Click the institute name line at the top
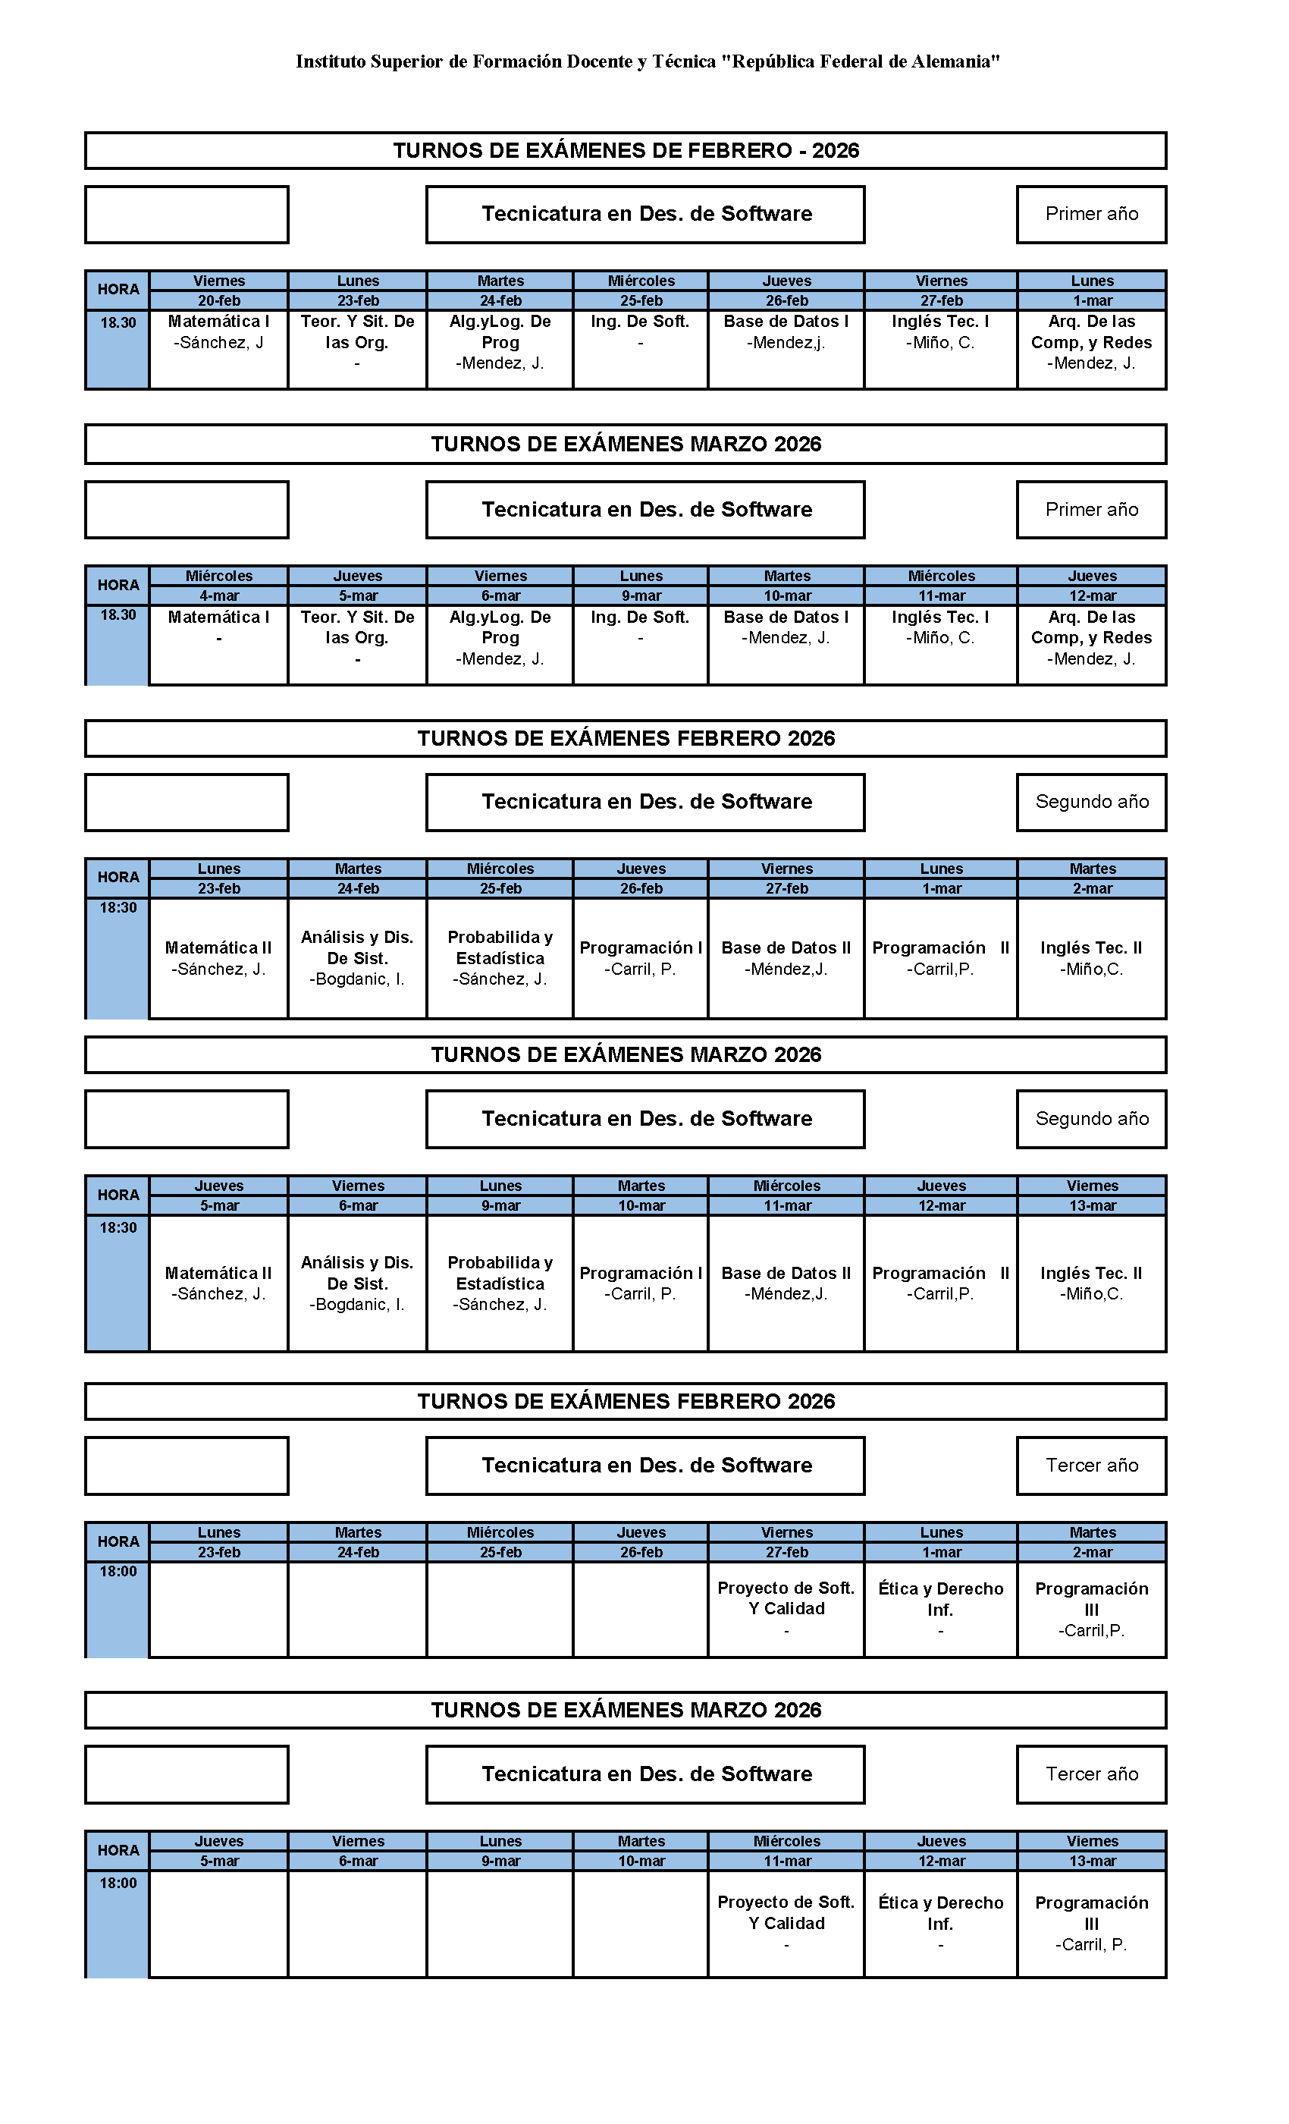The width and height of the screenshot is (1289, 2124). [x=647, y=61]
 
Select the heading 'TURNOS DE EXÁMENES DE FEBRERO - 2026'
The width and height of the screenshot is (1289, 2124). [x=626, y=151]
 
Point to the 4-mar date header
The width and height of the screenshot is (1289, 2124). [x=219, y=595]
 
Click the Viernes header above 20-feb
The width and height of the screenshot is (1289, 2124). [x=219, y=281]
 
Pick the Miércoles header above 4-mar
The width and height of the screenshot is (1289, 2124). [x=219, y=576]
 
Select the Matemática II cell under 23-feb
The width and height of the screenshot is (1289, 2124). [x=219, y=957]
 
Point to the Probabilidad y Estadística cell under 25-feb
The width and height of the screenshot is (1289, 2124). [x=500, y=957]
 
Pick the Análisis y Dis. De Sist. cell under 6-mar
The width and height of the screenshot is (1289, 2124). [x=358, y=1283]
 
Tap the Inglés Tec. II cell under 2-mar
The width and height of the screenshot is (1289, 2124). [x=1092, y=957]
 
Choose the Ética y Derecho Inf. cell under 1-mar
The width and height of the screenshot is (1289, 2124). [x=940, y=1608]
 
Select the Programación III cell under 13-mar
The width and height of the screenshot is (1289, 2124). [x=1092, y=1923]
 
